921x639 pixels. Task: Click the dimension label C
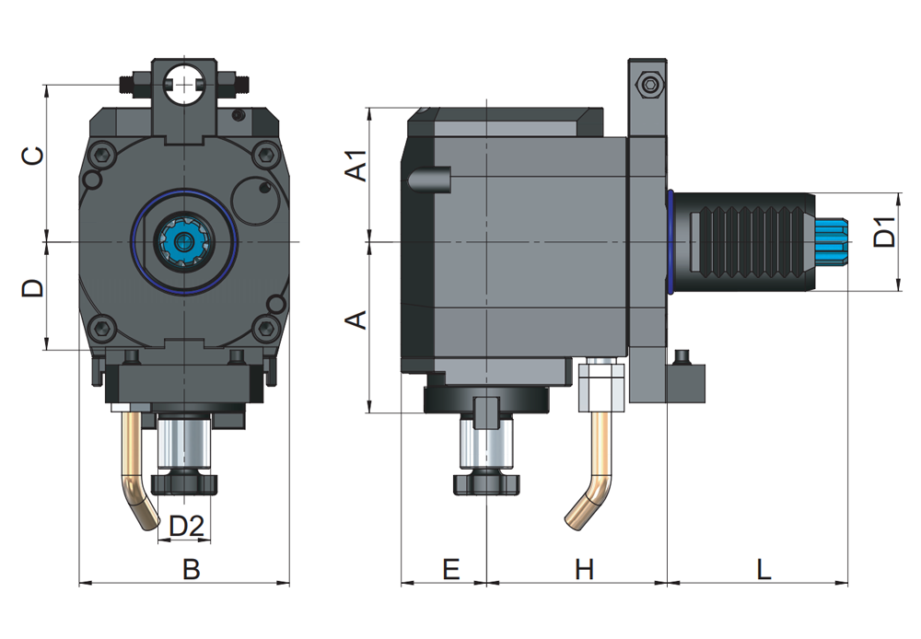(x=33, y=157)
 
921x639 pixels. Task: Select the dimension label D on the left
(x=33, y=289)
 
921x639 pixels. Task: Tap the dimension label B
(x=191, y=570)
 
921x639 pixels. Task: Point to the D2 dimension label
(x=187, y=527)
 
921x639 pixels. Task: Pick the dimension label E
(x=450, y=570)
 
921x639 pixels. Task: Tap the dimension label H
(x=585, y=570)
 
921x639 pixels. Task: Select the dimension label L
(x=764, y=570)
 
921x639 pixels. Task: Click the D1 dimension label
(x=885, y=233)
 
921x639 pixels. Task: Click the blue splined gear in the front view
(x=185, y=242)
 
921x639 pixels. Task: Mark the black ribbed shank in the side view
(x=746, y=242)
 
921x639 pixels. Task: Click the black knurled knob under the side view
(x=486, y=482)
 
